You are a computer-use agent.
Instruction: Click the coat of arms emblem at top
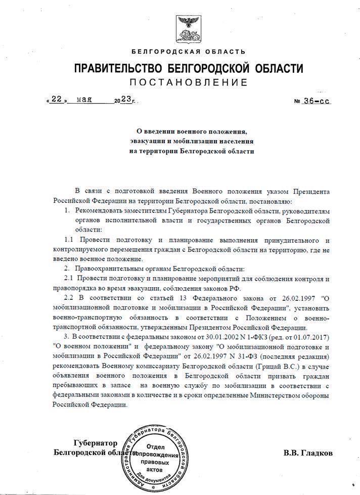click(188, 30)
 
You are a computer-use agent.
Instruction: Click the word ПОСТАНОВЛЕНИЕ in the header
click(188, 82)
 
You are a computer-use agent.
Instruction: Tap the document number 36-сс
click(317, 101)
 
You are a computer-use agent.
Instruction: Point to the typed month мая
click(85, 100)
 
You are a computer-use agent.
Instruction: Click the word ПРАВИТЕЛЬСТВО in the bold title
click(118, 68)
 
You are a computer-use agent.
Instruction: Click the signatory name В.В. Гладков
click(308, 453)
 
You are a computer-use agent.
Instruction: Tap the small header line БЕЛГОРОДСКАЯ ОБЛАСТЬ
click(188, 52)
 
